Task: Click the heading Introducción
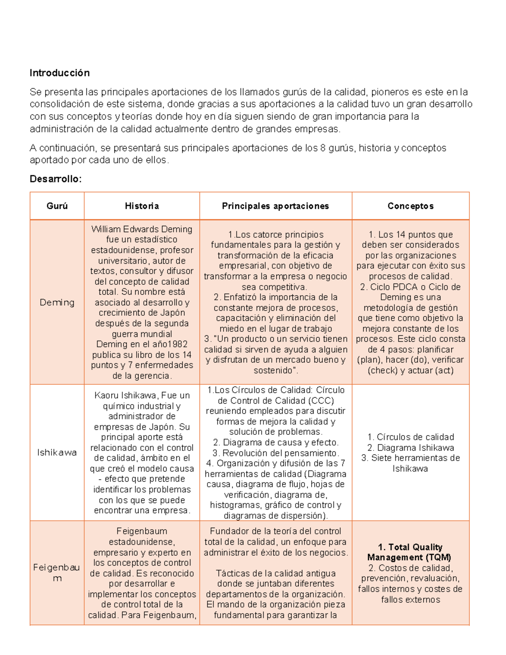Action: click(x=59, y=73)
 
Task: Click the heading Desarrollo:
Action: click(x=55, y=179)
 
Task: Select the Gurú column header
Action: click(x=57, y=206)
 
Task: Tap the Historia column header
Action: click(x=142, y=206)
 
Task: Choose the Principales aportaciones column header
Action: click(x=275, y=206)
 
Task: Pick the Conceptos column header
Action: click(x=410, y=206)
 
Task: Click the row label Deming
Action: click(x=57, y=302)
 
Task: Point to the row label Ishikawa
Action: click(x=57, y=453)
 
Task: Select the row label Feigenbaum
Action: click(x=57, y=573)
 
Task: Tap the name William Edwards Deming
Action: click(x=142, y=229)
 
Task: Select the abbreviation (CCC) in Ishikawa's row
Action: click(x=320, y=401)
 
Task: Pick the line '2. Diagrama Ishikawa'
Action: click(x=410, y=447)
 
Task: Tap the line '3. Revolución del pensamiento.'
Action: click(x=275, y=453)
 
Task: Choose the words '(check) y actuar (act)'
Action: click(x=410, y=370)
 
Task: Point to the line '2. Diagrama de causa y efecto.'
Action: click(x=275, y=442)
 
